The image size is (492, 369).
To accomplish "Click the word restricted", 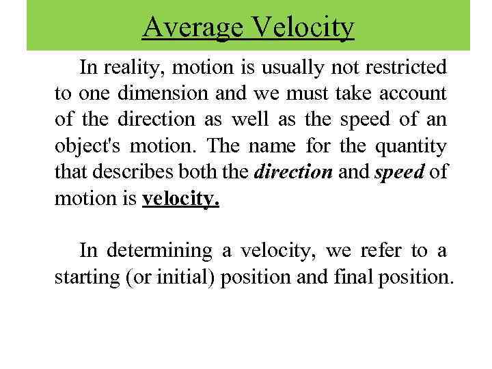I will pyautogui.click(x=404, y=68).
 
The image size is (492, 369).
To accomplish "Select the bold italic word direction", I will pyautogui.click(x=292, y=172).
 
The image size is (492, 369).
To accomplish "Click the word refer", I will pyautogui.click(x=378, y=251).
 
